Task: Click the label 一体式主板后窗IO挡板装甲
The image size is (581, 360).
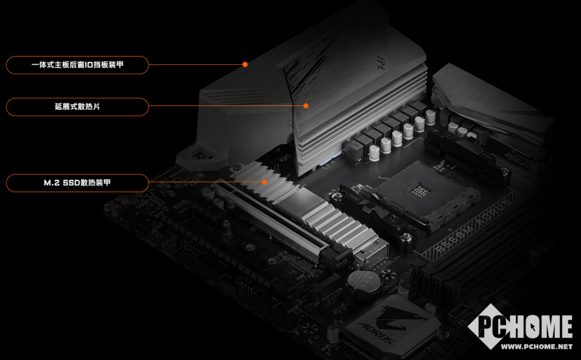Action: [x=77, y=65]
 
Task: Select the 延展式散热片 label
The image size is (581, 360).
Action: [x=77, y=107]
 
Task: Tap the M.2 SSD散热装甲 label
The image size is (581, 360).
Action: [x=77, y=183]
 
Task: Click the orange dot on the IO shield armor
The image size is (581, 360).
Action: [x=245, y=64]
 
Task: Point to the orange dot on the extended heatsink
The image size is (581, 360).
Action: [x=306, y=106]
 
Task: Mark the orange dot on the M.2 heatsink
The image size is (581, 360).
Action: [x=265, y=182]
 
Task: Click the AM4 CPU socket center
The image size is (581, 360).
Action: [x=420, y=191]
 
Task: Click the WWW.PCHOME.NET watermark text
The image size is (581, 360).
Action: [x=537, y=346]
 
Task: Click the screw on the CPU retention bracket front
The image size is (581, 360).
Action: [x=406, y=238]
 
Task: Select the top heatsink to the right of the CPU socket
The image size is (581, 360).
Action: [x=489, y=104]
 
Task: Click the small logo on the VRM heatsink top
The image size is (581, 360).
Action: [x=382, y=62]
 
